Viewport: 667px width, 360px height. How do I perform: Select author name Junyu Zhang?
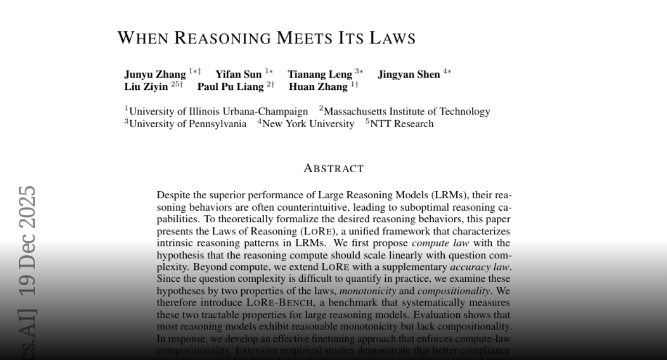[x=155, y=74]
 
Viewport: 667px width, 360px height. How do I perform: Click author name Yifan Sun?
[x=238, y=74]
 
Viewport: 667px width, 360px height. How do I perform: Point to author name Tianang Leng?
[x=320, y=74]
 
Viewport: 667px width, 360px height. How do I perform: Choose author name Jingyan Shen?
[x=409, y=74]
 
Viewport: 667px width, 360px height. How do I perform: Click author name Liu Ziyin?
[x=146, y=87]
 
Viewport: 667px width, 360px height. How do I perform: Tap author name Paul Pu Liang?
[x=231, y=87]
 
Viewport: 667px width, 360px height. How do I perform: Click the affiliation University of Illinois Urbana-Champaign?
[x=218, y=112]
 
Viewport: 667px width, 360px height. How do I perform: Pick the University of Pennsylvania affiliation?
[x=188, y=124]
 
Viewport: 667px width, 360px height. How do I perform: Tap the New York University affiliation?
[x=308, y=124]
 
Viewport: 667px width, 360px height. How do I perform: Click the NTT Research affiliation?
[x=402, y=124]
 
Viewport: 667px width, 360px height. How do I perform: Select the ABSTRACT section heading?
[x=333, y=168]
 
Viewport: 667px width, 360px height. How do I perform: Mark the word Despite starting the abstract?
[x=173, y=195]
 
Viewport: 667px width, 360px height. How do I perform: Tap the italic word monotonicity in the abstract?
[x=368, y=291]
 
